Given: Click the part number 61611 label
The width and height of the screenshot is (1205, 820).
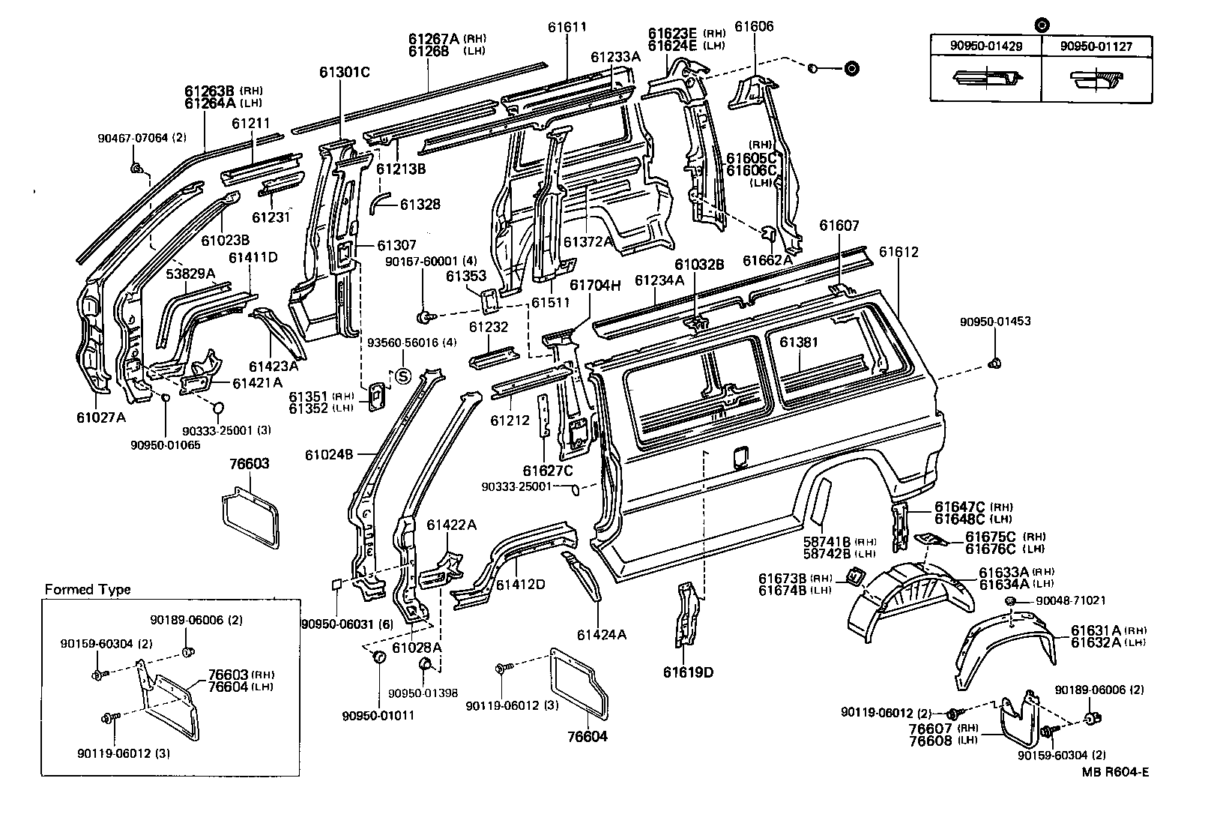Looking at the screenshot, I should [x=567, y=27].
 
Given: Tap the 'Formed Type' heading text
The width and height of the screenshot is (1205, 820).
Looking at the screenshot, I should [x=87, y=589].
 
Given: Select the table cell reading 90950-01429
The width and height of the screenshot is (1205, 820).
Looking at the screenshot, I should [x=985, y=46].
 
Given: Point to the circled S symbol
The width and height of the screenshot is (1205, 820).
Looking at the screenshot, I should [x=402, y=376].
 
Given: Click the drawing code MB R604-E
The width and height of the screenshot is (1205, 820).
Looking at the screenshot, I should [x=1114, y=772].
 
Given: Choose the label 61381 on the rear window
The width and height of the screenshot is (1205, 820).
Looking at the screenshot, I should [x=799, y=342].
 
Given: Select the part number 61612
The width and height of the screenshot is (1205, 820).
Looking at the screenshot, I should [x=899, y=253].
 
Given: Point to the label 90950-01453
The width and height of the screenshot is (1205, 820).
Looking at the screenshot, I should [x=994, y=322].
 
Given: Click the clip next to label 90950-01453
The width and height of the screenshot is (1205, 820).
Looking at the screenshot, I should [x=995, y=364].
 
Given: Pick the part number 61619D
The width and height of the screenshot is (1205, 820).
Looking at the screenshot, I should [x=688, y=672].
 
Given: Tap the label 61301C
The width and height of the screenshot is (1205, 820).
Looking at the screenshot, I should [x=344, y=72].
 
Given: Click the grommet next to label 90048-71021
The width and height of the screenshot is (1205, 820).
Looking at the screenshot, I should [x=1010, y=602].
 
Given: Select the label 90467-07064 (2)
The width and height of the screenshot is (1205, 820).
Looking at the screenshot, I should [x=142, y=138].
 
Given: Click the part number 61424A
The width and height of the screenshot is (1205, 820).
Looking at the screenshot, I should [x=601, y=634].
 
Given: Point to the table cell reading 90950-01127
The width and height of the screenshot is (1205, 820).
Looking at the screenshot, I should [x=1096, y=46].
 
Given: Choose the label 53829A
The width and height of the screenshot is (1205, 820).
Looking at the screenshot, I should [x=190, y=274].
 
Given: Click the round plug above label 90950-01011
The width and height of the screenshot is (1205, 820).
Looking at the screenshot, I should [x=378, y=657].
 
